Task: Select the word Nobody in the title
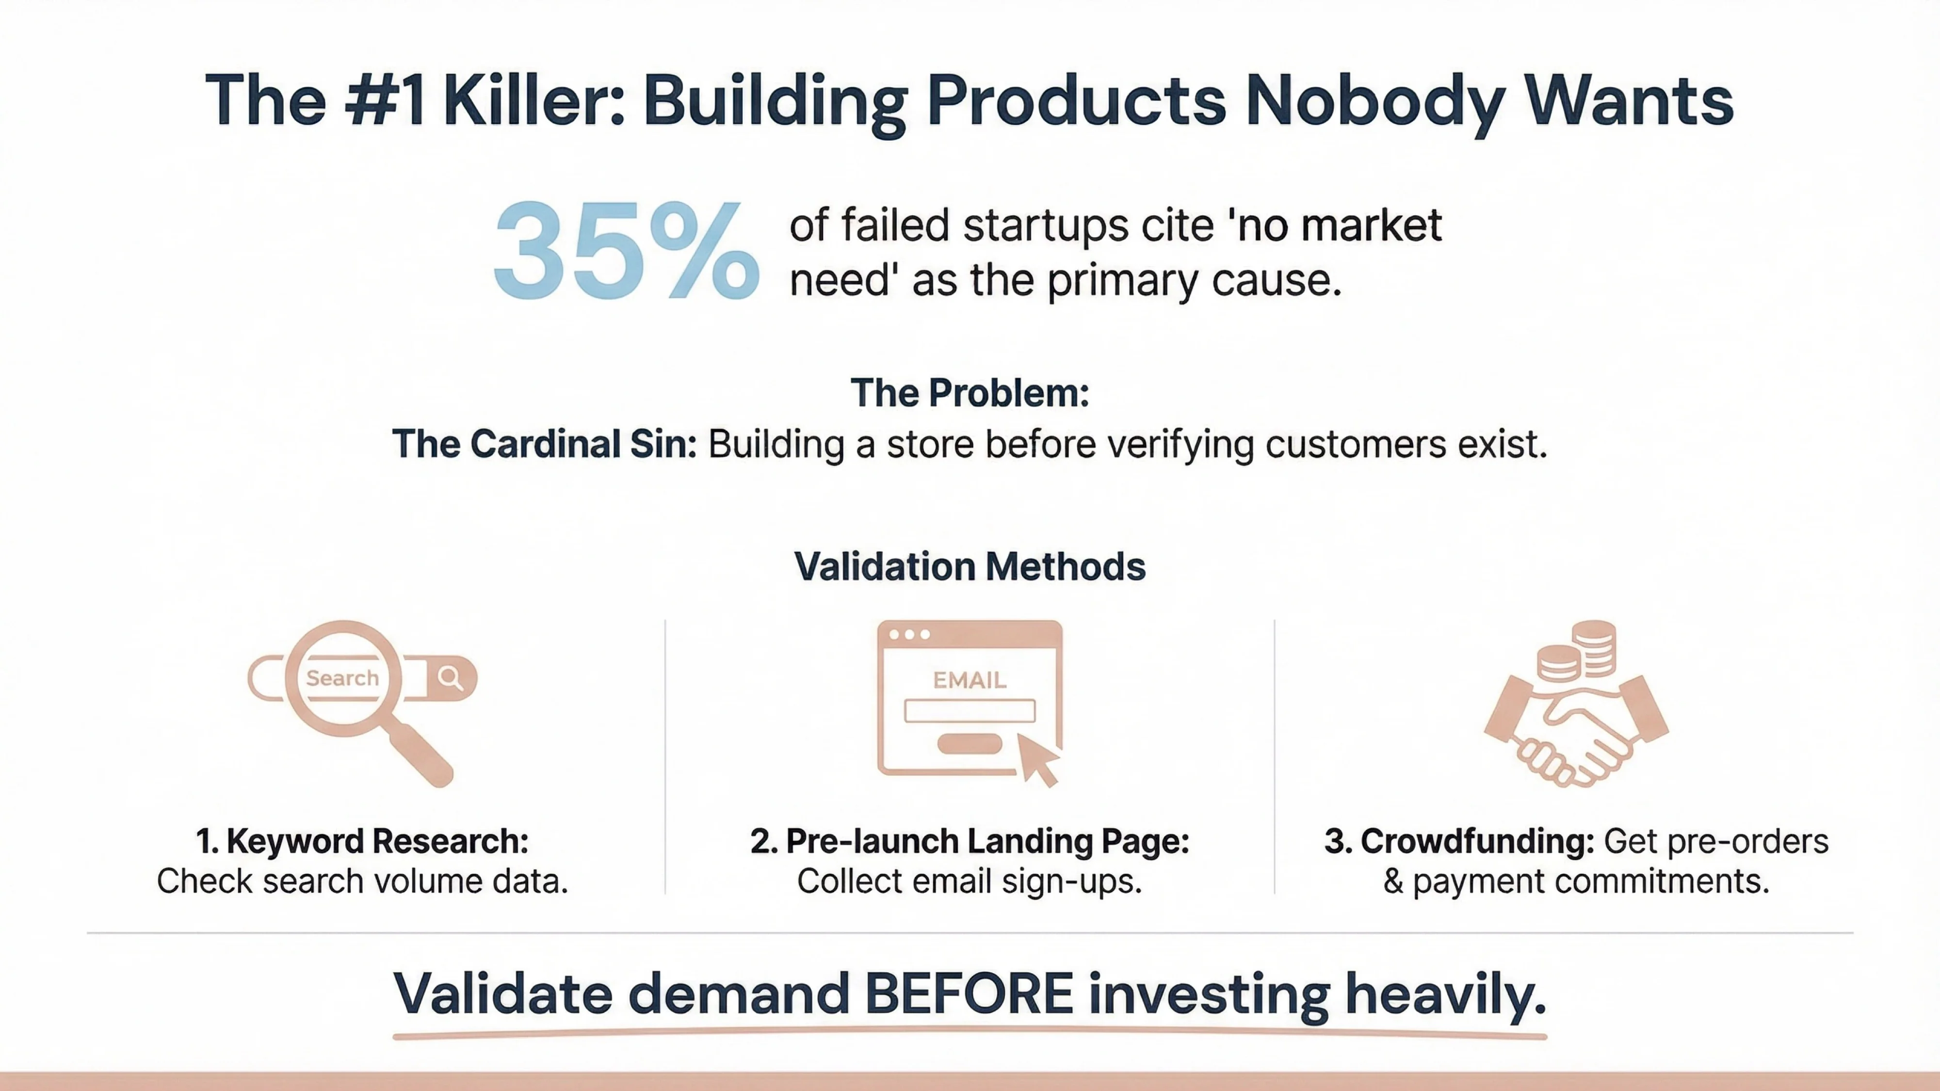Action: [x=1375, y=102]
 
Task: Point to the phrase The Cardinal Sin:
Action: [x=544, y=444]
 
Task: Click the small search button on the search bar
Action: [x=451, y=678]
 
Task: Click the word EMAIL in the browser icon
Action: [x=969, y=680]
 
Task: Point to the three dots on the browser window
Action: [x=909, y=634]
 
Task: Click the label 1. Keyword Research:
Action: [x=362, y=841]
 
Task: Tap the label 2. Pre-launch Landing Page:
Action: [x=969, y=841]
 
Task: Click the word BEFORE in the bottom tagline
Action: [x=969, y=994]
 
